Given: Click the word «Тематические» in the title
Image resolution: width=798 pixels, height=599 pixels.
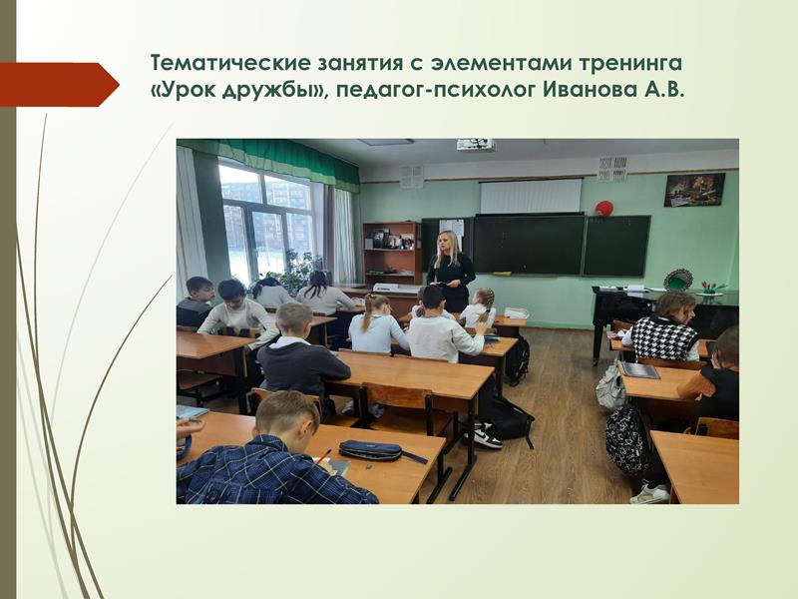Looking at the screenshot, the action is (231, 63).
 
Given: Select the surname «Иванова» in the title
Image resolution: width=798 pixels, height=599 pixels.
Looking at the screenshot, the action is (591, 90).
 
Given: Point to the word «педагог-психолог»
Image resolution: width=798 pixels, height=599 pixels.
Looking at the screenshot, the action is (436, 91).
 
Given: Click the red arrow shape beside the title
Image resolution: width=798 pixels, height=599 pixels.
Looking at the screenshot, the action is (60, 85).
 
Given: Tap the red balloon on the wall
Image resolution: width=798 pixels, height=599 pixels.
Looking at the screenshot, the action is (604, 208).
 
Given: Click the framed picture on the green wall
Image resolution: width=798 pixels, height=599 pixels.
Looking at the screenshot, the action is (694, 190).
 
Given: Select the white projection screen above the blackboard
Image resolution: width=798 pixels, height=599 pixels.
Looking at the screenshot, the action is (531, 196).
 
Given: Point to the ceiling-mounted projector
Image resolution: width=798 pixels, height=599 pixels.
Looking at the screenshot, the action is (476, 145).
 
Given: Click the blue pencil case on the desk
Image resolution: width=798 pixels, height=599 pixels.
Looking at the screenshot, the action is (370, 450).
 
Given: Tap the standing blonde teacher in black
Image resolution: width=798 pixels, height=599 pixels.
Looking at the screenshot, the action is (451, 270).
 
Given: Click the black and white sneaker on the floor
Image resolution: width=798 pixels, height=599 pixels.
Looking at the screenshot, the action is (488, 436).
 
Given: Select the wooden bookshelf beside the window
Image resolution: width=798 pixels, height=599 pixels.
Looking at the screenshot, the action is (392, 254).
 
